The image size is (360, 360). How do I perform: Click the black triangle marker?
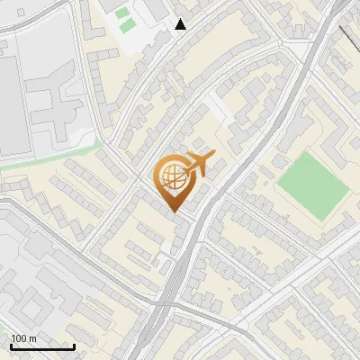181,24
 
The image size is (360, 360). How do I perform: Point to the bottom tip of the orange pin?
172,212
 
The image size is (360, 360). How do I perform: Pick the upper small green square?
121,13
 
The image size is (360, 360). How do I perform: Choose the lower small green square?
125,25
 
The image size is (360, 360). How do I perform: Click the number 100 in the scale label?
21,338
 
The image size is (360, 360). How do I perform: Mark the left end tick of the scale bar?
12,346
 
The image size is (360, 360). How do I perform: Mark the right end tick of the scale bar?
74,346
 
